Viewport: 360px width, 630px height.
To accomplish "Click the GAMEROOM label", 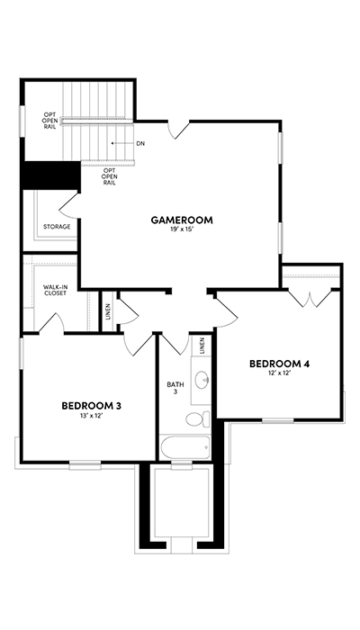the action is coord(182,220).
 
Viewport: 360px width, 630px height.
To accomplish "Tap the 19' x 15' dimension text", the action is coord(182,229).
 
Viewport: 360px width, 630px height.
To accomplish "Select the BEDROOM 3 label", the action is coord(92,406).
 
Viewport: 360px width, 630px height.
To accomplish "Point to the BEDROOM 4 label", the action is coord(279,364).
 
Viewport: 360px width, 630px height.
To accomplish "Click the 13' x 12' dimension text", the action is coord(92,416).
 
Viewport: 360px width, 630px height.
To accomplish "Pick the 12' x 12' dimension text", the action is coord(279,373).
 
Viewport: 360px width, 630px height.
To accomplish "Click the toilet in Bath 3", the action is coord(198,419).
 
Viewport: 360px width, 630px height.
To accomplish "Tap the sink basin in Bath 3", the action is coord(202,379).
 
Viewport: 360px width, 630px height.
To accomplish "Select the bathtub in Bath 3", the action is coord(185,447).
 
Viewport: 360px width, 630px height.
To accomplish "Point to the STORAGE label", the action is coord(57,227).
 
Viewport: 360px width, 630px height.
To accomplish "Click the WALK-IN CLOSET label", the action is coord(55,290).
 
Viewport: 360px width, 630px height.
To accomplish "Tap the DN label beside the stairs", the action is coord(140,143).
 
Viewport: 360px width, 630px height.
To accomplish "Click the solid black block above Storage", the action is coord(51,175).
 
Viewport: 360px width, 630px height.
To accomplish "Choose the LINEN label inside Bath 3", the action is coord(202,345).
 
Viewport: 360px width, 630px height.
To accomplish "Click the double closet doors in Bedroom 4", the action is coord(310,298).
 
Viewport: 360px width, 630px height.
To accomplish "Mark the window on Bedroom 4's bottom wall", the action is coord(277,420).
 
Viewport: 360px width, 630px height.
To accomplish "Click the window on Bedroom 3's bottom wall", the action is coord(85,465).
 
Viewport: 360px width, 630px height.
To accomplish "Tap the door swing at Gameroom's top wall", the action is coord(178,130).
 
